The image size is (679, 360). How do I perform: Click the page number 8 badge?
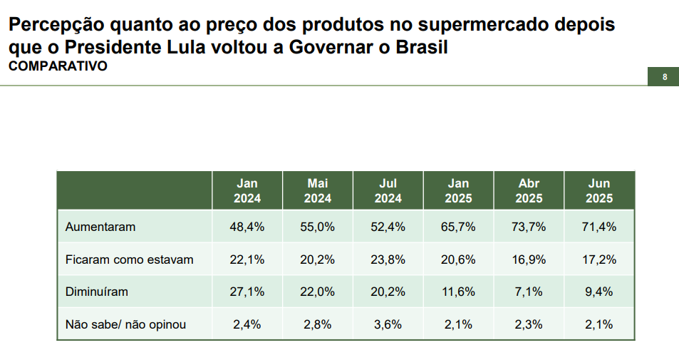click(x=664, y=77)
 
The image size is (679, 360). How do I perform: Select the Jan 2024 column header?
click(x=247, y=190)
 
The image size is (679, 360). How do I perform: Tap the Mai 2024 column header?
click(x=318, y=190)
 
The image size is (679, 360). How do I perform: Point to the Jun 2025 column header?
click(x=599, y=190)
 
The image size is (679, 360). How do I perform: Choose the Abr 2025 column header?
click(x=529, y=190)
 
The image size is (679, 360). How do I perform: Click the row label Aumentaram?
click(x=100, y=227)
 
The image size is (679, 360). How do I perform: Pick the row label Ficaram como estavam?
click(x=129, y=259)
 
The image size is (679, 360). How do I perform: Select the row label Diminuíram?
click(x=97, y=292)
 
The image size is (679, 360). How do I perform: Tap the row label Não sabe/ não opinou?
click(x=125, y=324)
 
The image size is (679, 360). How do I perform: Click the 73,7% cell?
click(x=529, y=227)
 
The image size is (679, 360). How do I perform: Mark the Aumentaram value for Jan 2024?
click(x=248, y=227)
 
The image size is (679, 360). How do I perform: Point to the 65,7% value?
click(x=459, y=227)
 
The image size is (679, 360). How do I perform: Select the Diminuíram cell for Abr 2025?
click(x=529, y=292)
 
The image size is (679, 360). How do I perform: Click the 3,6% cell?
click(x=389, y=324)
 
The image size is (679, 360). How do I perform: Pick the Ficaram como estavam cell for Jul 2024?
click(x=389, y=259)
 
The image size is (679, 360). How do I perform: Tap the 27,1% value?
click(x=248, y=292)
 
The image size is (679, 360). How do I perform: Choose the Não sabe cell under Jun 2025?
click(x=599, y=324)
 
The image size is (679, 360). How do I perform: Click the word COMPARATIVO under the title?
click(x=58, y=66)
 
